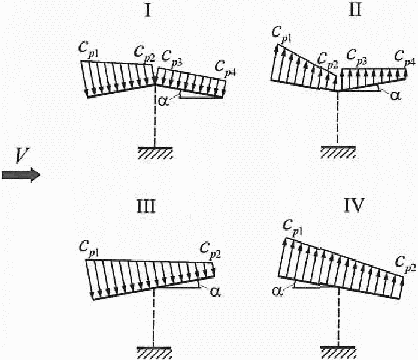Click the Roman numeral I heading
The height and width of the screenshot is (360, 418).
[147, 11]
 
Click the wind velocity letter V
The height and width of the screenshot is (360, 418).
[20, 156]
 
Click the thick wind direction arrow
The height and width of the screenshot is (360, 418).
[20, 174]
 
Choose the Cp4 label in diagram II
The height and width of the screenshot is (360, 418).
[405, 58]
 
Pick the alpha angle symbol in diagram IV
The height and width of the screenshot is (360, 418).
[277, 291]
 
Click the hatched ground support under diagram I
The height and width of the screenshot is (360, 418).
[155, 152]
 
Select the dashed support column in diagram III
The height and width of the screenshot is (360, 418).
[155, 317]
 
